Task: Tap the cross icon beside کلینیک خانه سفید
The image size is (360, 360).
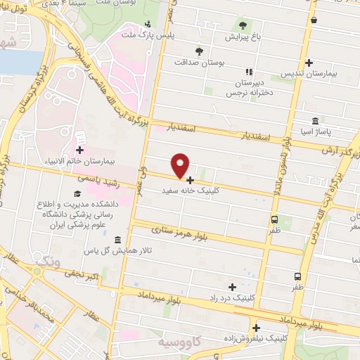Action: coord(190,180)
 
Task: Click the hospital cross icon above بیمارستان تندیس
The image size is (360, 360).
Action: coord(309,63)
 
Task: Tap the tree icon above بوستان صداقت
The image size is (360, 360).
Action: coord(200,51)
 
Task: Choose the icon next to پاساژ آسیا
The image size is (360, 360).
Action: coord(313,120)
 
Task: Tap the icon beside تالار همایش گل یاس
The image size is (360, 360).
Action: coord(117,240)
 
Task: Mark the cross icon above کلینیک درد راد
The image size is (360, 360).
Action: coord(232,287)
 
